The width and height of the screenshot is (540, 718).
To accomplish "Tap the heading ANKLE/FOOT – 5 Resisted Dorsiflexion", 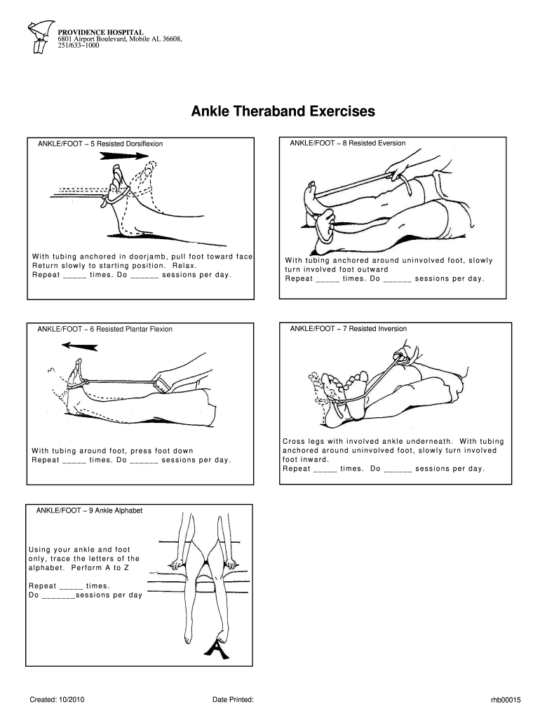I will pos(100,144).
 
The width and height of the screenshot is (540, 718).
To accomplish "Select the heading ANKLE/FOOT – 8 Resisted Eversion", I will pos(347,143).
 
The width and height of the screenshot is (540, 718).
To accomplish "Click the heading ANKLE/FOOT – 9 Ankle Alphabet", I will pos(89,510).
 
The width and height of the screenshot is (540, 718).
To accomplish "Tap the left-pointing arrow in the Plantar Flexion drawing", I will pos(79,345).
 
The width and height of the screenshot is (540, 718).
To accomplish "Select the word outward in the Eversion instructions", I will pos(369,269).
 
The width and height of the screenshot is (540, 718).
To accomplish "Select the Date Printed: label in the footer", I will pos(232,700).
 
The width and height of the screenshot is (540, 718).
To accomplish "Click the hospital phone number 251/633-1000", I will pos(79,46).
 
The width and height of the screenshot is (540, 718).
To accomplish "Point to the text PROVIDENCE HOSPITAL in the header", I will pos(100,32).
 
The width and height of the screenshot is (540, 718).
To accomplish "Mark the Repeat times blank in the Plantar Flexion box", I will pos(74,461).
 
